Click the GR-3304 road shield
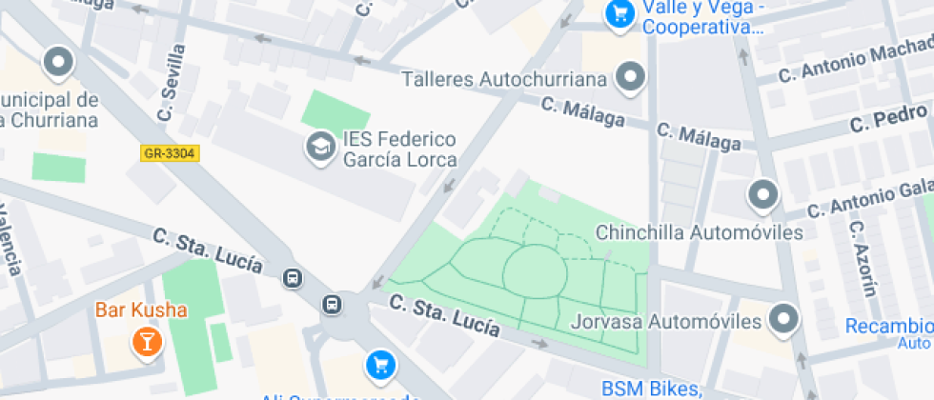[171, 152]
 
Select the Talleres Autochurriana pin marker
[630, 77]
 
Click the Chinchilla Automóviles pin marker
[763, 196]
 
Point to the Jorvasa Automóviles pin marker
[783, 320]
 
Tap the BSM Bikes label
[652, 389]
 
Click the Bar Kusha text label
[142, 310]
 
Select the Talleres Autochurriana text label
[505, 78]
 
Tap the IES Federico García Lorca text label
[399, 150]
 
